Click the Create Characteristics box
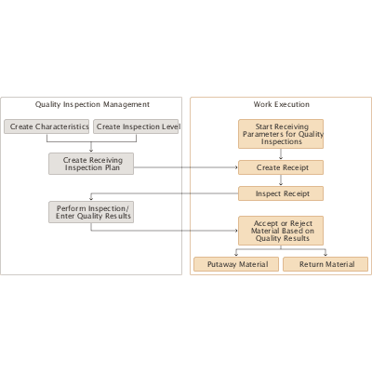[47, 126]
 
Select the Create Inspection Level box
[138, 126]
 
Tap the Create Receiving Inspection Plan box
[91, 164]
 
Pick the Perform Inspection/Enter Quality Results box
[91, 212]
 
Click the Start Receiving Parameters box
[281, 134]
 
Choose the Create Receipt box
[281, 167]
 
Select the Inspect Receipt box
[281, 193]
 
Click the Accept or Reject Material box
[281, 230]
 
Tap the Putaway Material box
[236, 264]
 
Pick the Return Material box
[325, 264]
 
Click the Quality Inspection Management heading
[92, 104]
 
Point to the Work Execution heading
[281, 104]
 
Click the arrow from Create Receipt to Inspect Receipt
[281, 180]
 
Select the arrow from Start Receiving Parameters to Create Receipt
[281, 154]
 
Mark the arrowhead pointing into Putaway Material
[236, 254]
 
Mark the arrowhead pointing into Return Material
[325, 254]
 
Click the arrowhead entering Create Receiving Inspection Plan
[91, 150]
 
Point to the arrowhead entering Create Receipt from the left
[235, 167]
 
